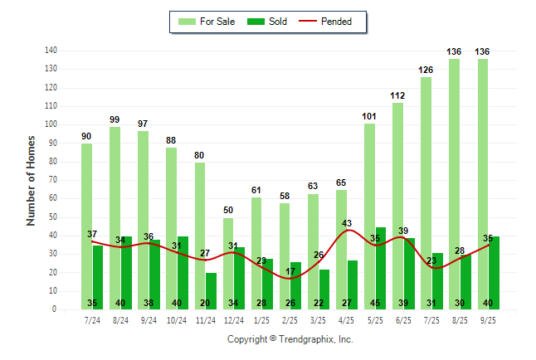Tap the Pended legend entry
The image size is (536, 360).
pos(334,22)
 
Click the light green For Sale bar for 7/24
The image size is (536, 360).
pos(86,224)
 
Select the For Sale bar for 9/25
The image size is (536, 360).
pos(482,182)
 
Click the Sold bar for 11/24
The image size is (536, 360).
pos(212,290)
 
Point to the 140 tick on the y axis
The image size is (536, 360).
pos(51,51)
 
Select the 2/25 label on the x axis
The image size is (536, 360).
pos(290,319)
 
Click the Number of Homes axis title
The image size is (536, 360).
pos(31,180)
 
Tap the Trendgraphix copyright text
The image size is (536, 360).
pos(290,339)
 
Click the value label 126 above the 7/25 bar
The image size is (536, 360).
pos(426,70)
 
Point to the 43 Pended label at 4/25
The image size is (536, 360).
pos(347,223)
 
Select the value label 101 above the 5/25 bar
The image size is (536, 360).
pos(369,116)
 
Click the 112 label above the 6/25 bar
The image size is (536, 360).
pos(397,95)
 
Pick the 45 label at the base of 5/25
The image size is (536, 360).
pos(381,303)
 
